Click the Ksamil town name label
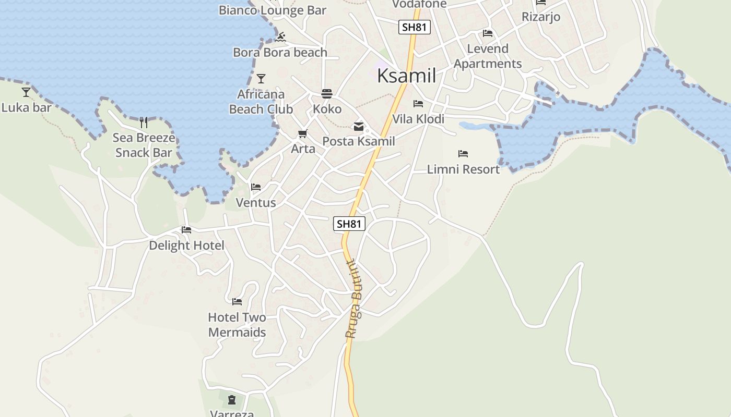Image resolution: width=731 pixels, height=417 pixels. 406,76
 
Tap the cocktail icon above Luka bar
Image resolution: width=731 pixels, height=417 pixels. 26,92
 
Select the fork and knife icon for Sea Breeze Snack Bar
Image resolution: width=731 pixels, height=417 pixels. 144,122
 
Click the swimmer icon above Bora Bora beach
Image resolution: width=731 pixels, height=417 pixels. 281,37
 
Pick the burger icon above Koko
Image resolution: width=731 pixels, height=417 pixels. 327,94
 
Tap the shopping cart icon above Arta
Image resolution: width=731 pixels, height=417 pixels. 303,134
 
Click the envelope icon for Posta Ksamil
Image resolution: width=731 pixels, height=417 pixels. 359,126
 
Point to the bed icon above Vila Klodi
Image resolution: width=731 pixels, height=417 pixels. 418,104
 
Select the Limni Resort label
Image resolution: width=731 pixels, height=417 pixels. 463,169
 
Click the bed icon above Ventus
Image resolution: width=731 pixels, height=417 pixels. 256,187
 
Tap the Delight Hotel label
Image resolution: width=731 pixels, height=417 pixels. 186,246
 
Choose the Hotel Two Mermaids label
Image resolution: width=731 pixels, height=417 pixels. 237,325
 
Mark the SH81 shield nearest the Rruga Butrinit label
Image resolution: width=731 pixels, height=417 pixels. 349,224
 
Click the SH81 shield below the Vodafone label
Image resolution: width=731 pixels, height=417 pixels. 415,27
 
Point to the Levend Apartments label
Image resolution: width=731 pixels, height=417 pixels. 488,56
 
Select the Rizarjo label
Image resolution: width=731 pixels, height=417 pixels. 541,17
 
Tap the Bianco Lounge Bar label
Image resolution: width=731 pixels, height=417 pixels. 272,10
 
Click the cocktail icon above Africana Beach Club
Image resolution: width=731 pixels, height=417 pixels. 261,79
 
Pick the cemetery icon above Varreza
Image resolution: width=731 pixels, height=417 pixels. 232,400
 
